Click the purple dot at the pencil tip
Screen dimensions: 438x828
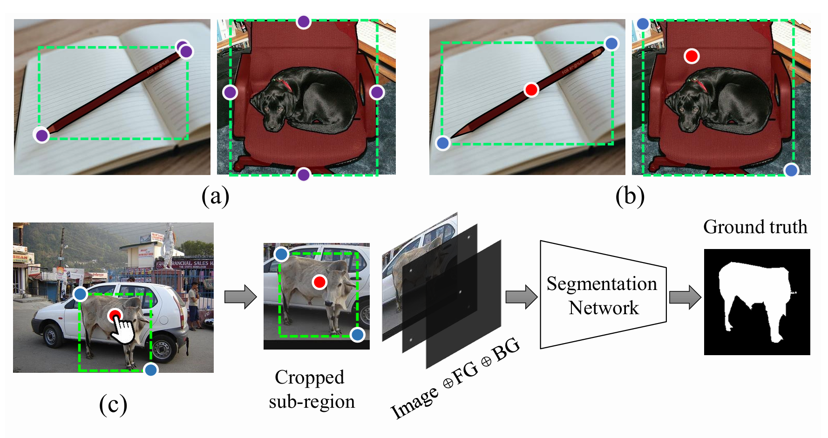pyautogui.click(x=41, y=135)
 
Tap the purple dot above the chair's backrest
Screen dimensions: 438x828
pyautogui.click(x=303, y=21)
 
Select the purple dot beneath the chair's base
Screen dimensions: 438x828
pyautogui.click(x=303, y=175)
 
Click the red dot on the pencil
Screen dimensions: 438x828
pyautogui.click(x=531, y=89)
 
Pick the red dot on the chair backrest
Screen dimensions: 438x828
pyautogui.click(x=692, y=56)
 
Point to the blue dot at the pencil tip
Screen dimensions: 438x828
pyautogui.click(x=442, y=143)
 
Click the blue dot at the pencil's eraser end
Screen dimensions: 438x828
pyautogui.click(x=611, y=44)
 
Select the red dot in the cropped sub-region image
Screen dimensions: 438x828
pyautogui.click(x=319, y=282)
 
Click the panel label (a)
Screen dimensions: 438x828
pyautogui.click(x=215, y=196)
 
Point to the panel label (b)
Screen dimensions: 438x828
pyautogui.click(x=630, y=196)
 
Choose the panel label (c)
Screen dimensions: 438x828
pyautogui.click(x=113, y=404)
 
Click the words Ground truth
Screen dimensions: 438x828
pyautogui.click(x=755, y=227)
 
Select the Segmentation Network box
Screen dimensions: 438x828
pyautogui.click(x=603, y=295)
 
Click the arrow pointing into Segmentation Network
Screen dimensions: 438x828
pyautogui.click(x=521, y=296)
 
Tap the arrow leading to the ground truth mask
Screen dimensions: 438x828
pyautogui.click(x=685, y=296)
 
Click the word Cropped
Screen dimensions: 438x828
pyautogui.click(x=309, y=377)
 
